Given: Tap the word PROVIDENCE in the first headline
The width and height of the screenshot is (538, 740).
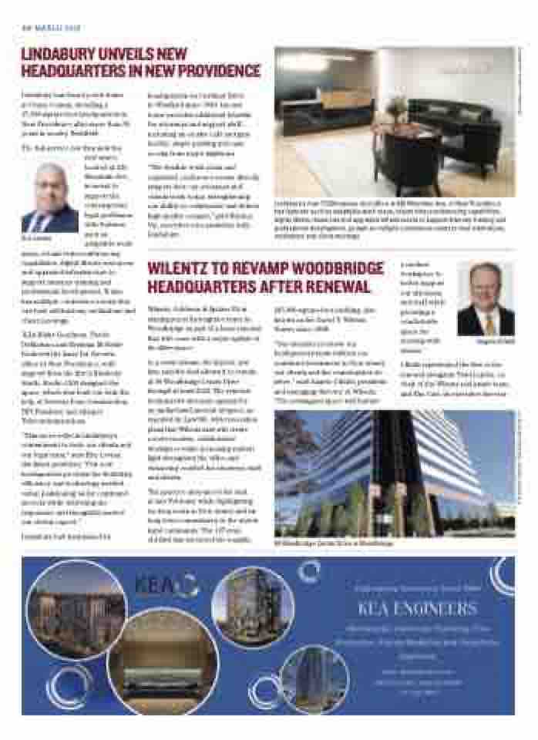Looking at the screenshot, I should [214, 72].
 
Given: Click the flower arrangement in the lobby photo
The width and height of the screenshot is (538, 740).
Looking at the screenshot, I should [398, 107].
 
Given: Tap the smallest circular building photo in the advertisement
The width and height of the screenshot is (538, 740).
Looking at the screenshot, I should [314, 677].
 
